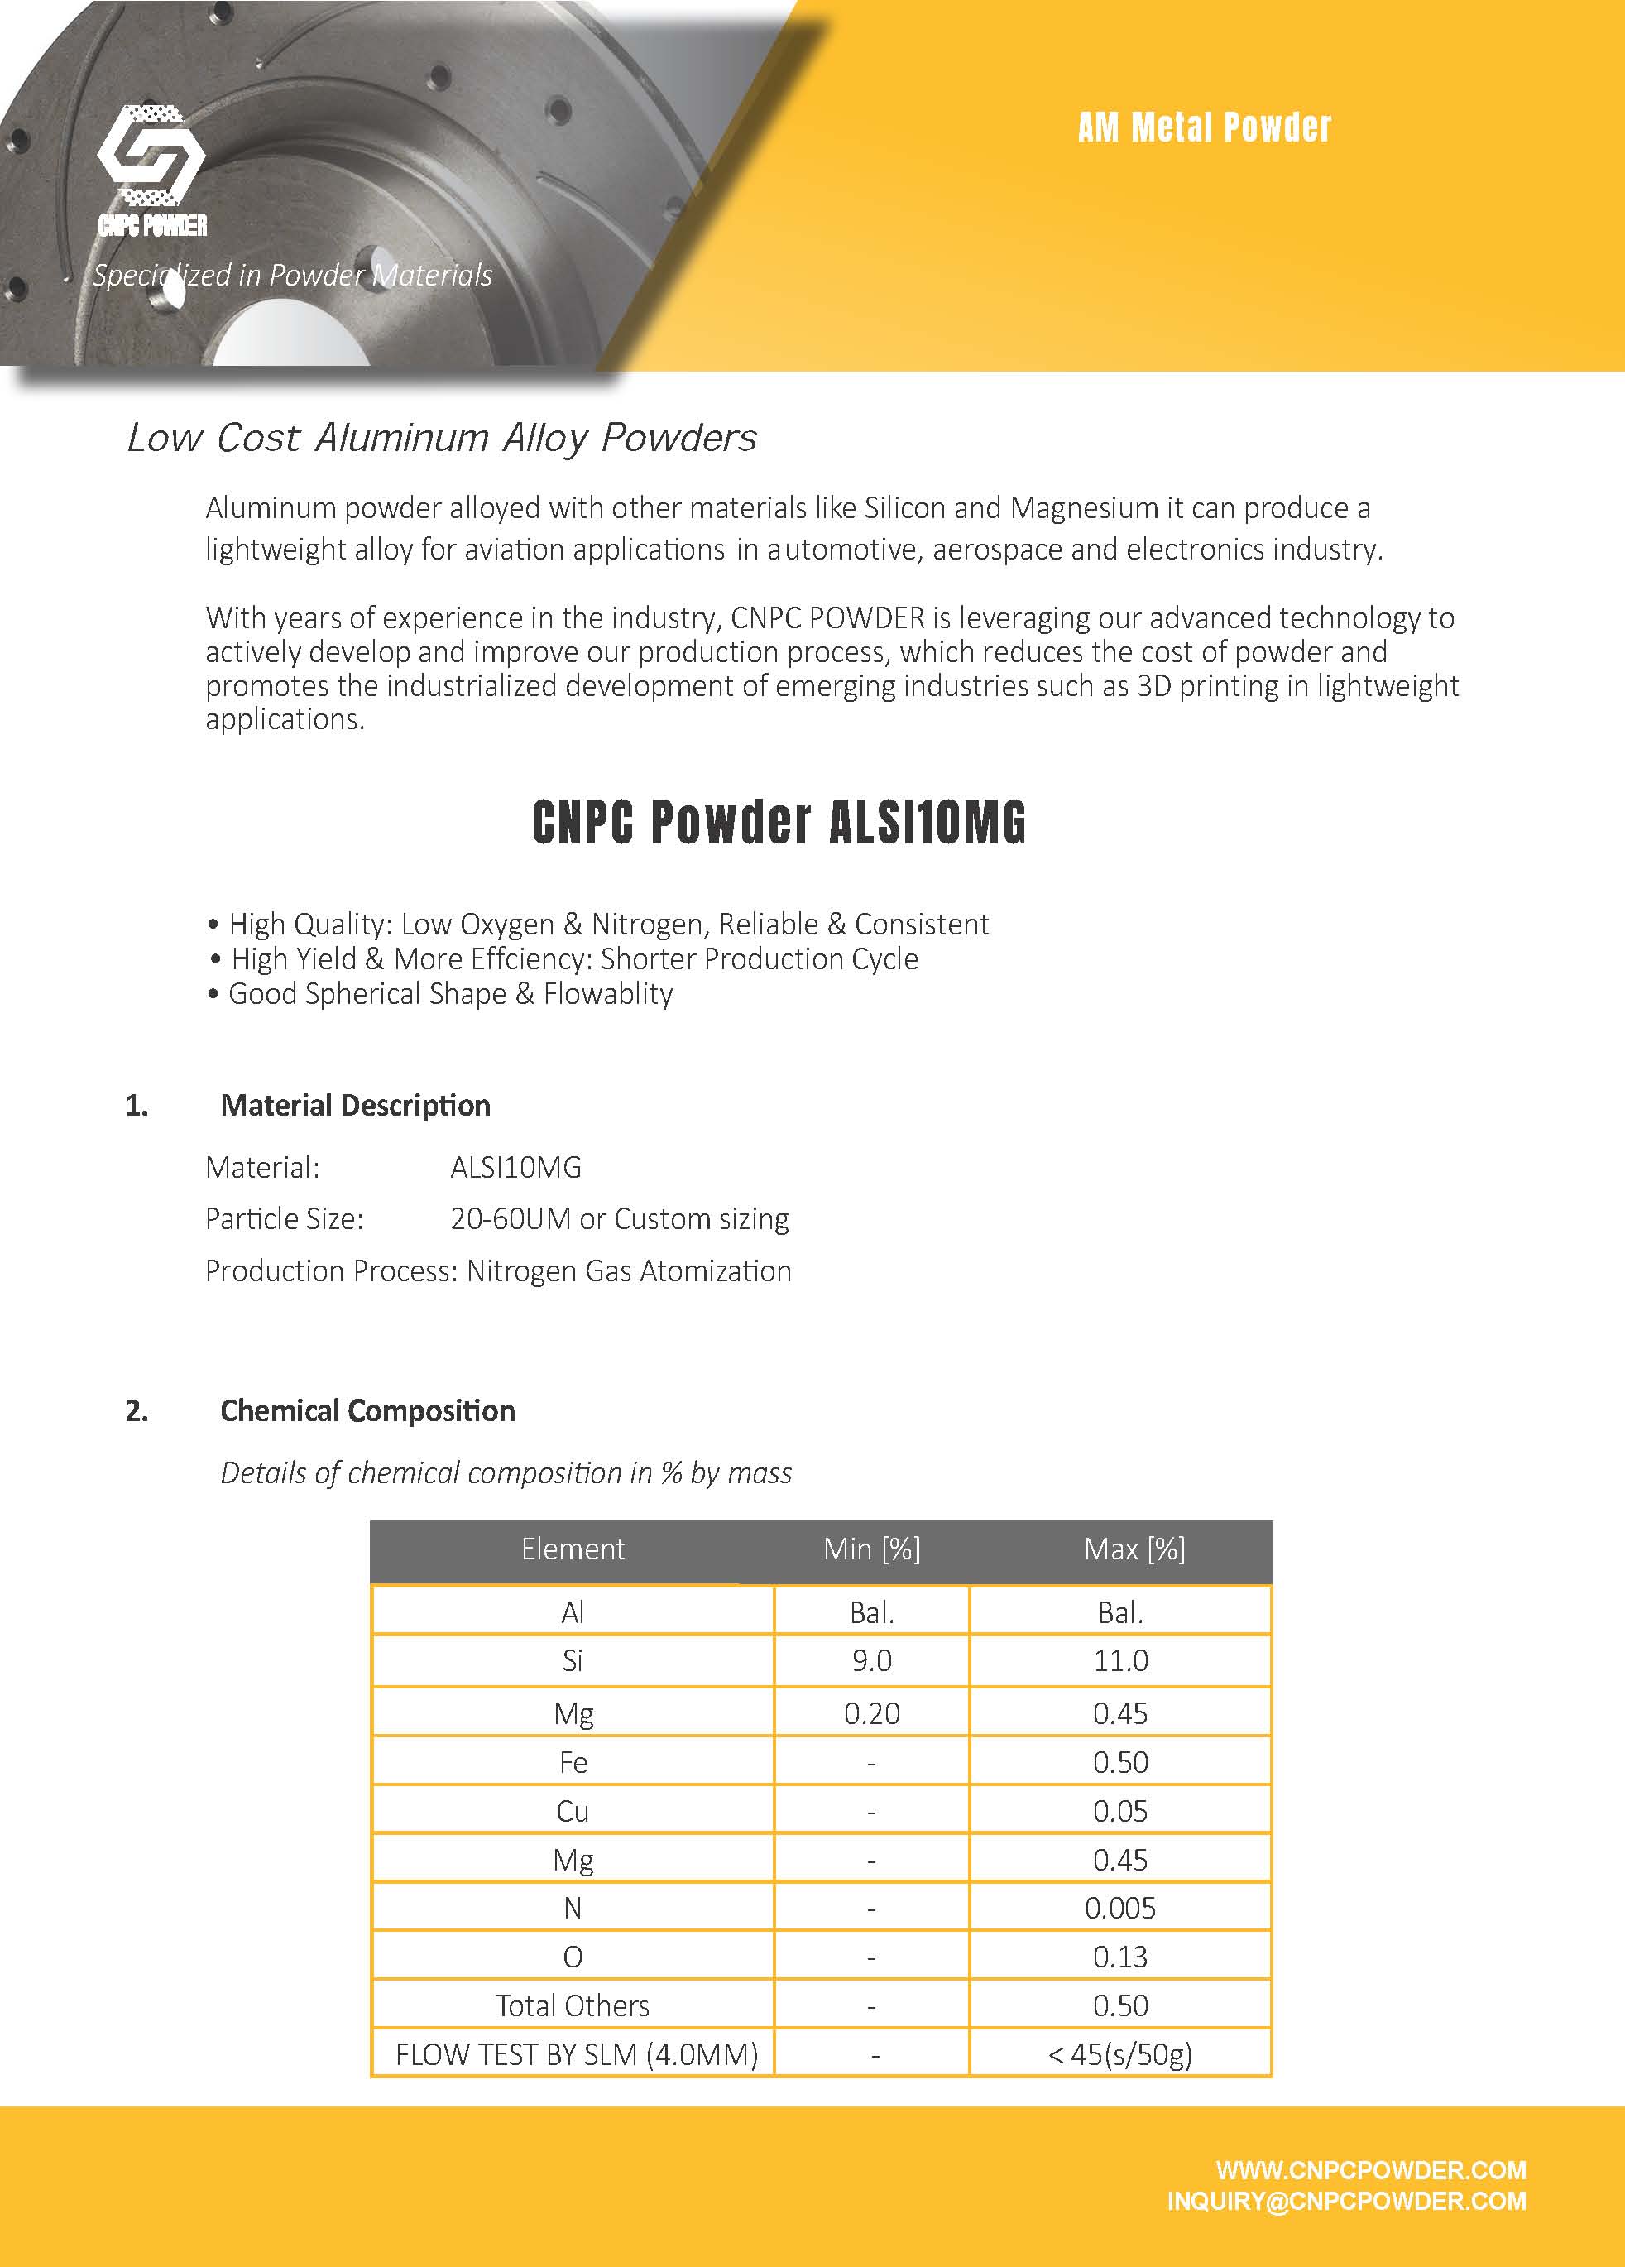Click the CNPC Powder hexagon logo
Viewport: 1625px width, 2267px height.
pos(152,160)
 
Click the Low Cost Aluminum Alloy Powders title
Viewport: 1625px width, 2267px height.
pos(442,438)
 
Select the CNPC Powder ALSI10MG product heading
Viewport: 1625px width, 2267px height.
pos(779,822)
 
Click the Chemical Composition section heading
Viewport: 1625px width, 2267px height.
pos(367,1410)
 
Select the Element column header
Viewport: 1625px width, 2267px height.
pos(572,1549)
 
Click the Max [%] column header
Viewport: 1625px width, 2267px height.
pos(1134,1549)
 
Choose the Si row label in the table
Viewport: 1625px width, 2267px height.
pos(572,1660)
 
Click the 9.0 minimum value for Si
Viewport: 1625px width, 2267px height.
pos(871,1660)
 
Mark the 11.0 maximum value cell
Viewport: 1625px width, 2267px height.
pos(1120,1660)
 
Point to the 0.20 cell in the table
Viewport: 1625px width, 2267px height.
pos(871,1713)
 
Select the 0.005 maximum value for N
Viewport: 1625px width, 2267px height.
pos(1120,1908)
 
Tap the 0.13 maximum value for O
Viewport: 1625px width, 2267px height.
pos(1120,1957)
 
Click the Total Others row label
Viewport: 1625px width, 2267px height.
pos(572,2005)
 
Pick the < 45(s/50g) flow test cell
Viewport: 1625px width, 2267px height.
pos(1120,2054)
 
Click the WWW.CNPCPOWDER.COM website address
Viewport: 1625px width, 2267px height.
pos(1370,2170)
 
